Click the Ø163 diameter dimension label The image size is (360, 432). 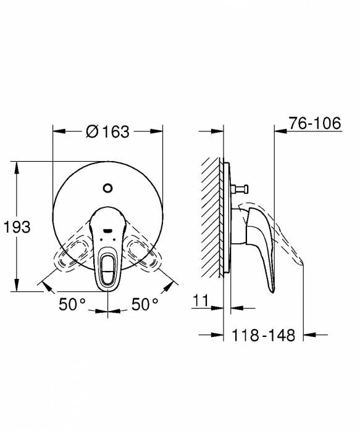coord(108,131)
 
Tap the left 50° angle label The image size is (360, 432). coord(73,304)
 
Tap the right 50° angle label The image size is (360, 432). coord(145,304)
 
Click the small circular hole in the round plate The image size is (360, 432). coord(109,188)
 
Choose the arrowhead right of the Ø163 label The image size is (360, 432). coord(157,131)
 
